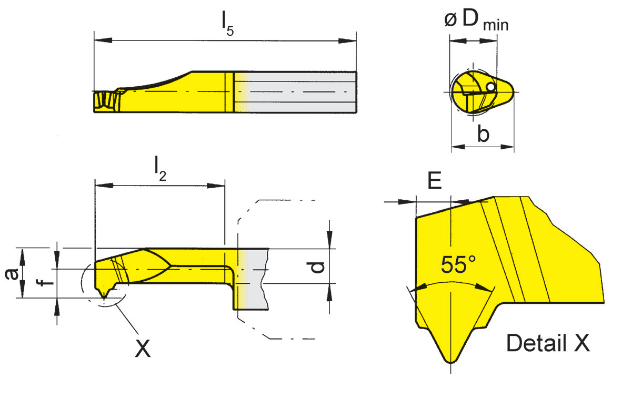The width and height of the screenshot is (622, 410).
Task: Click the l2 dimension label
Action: tap(160, 171)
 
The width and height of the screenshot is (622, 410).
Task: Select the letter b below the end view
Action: tap(483, 134)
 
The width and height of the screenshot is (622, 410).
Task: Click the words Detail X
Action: tap(547, 344)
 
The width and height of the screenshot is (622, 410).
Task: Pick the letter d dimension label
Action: tap(316, 267)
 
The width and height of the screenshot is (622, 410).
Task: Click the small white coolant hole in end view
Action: tap(490, 87)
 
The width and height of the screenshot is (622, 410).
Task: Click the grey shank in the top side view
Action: tap(300, 91)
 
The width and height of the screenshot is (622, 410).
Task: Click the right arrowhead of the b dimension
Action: tap(509, 147)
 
